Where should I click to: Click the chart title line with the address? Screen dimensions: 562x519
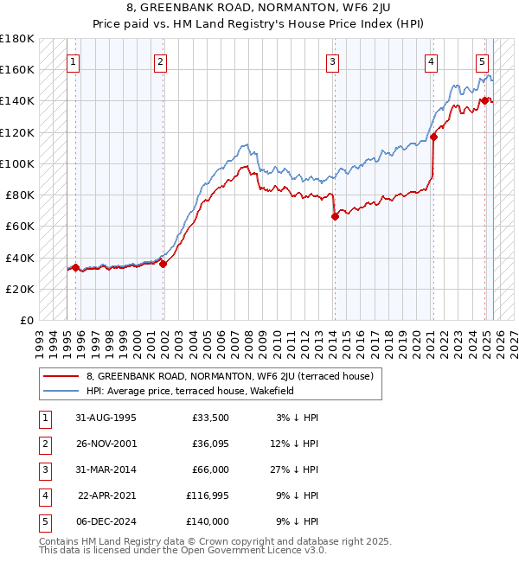259,9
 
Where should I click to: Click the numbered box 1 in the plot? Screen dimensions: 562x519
74,61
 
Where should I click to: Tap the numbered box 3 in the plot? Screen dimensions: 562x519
333,61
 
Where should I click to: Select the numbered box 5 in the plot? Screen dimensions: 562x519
482,61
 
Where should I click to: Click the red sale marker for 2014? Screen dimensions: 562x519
335,217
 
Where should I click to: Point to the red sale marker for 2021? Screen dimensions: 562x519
434,137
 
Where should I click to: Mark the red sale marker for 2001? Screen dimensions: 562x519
163,264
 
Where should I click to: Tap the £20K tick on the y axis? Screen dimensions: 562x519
20,289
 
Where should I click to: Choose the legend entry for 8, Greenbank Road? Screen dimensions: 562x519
229,376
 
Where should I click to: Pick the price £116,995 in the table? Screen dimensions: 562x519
208,495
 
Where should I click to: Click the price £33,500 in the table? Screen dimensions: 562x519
211,418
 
